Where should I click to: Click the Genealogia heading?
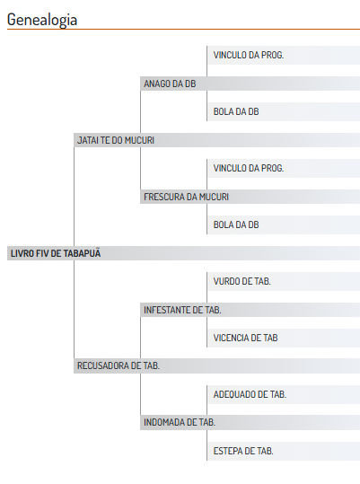click(42, 20)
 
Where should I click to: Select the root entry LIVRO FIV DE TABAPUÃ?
click(56, 253)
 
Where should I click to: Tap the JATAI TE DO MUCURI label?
click(116, 140)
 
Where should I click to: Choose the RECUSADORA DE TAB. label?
click(119, 365)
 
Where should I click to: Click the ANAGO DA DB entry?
click(170, 84)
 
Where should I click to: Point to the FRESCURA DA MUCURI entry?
click(187, 197)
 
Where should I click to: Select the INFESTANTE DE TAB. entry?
click(182, 310)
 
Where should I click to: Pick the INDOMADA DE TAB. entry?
click(180, 422)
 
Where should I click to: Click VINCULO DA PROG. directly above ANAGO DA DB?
click(249, 56)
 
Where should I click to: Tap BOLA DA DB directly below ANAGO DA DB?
click(236, 111)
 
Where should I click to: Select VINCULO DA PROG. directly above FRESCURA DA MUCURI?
click(249, 168)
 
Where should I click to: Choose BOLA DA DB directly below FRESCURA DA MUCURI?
click(236, 224)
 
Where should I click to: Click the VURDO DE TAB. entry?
click(241, 282)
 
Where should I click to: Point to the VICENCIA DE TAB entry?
click(246, 338)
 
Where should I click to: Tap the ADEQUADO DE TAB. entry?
click(250, 394)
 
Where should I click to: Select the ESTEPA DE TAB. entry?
click(243, 451)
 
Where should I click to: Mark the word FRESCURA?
click(164, 197)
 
